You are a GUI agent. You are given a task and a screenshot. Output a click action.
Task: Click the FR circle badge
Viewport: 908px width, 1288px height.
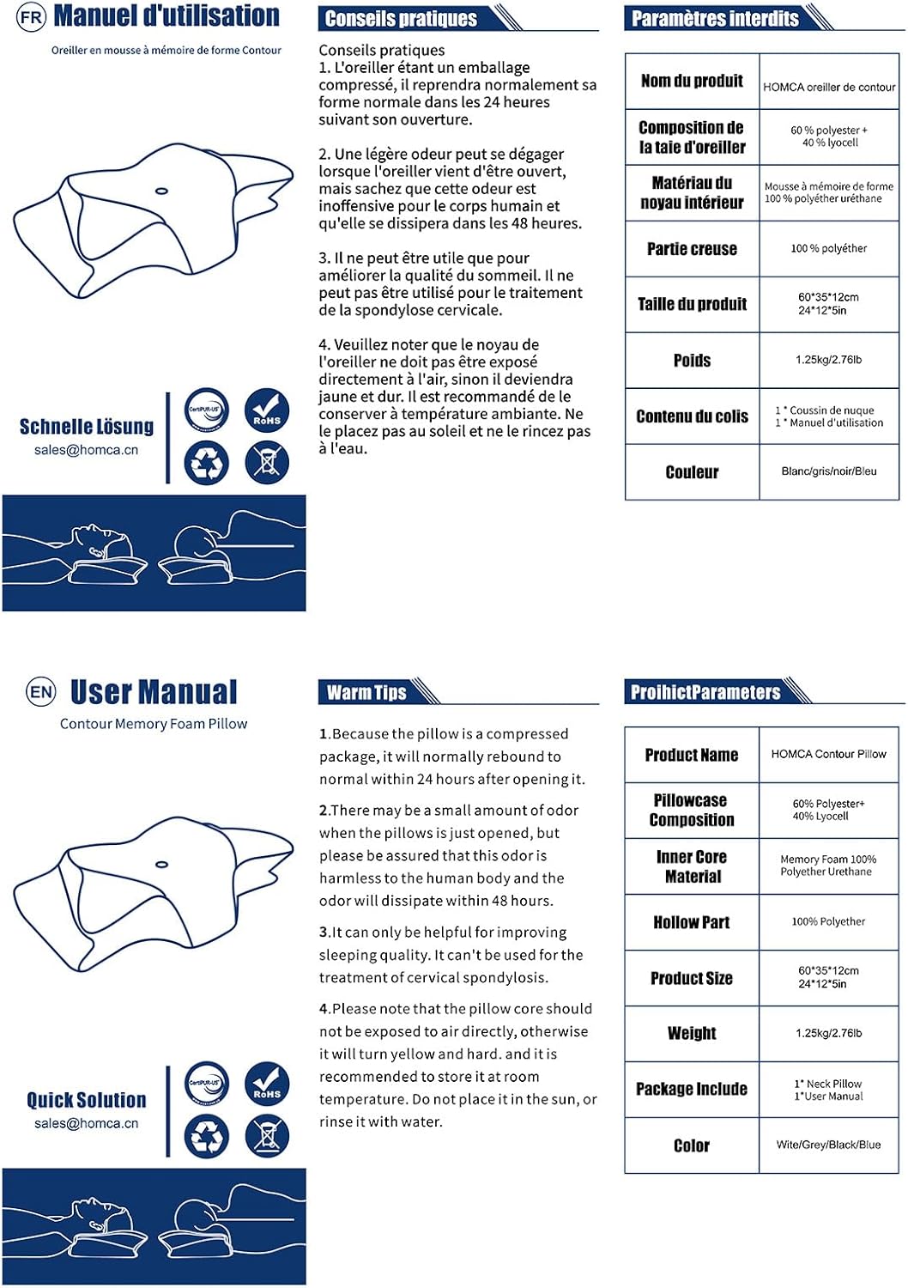pyautogui.click(x=31, y=17)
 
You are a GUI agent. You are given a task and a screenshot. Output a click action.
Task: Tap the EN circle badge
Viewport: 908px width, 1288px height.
pyautogui.click(x=40, y=692)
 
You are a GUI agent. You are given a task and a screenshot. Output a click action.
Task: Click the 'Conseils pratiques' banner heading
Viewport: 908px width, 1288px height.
pyautogui.click(x=401, y=19)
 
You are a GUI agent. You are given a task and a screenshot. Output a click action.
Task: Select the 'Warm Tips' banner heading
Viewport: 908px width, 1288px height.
pyautogui.click(x=366, y=693)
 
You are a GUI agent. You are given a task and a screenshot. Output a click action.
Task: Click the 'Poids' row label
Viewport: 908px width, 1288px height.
pyautogui.click(x=692, y=361)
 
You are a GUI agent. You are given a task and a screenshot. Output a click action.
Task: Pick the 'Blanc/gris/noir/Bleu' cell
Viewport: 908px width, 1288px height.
pyautogui.click(x=829, y=471)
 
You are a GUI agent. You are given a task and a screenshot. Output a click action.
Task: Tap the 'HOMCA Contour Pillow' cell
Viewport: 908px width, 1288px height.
pyautogui.click(x=828, y=754)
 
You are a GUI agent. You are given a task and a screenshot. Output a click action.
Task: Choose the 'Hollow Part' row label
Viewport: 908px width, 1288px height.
pyautogui.click(x=691, y=922)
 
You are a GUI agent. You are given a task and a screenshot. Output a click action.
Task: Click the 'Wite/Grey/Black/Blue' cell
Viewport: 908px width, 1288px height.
pyautogui.click(x=828, y=1145)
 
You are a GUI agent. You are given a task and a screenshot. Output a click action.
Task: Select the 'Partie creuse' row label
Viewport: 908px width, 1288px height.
pyautogui.click(x=692, y=249)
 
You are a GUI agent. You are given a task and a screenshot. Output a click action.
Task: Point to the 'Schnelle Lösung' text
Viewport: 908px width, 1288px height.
pyautogui.click(x=87, y=427)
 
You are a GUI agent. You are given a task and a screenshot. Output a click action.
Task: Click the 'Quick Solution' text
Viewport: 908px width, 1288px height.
pyautogui.click(x=87, y=1100)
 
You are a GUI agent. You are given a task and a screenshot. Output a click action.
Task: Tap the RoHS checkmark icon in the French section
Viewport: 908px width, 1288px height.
pyautogui.click(x=267, y=409)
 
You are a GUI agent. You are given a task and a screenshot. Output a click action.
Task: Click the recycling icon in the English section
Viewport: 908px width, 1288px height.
pyautogui.click(x=207, y=1137)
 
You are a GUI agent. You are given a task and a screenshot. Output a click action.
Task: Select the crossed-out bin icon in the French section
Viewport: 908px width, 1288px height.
pyautogui.click(x=267, y=463)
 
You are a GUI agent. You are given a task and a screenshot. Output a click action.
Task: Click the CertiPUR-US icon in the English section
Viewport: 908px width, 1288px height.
pyautogui.click(x=207, y=1083)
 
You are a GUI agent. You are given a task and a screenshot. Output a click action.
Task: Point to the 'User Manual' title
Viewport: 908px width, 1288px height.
pyautogui.click(x=154, y=692)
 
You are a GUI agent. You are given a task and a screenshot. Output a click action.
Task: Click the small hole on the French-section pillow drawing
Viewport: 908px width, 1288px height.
pyautogui.click(x=160, y=191)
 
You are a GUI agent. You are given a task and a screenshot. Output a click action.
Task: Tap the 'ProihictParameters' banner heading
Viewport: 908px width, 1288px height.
pyautogui.click(x=705, y=693)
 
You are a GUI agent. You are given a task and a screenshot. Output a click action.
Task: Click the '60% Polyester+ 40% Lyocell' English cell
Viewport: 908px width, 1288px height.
pyautogui.click(x=828, y=810)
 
